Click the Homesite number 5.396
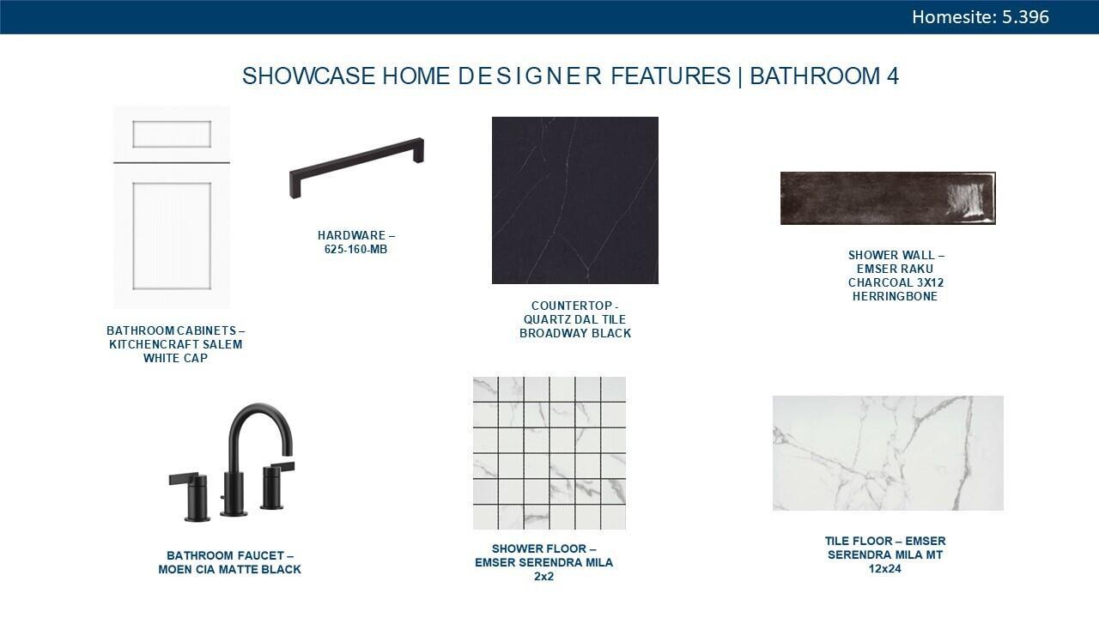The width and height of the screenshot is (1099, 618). click(1025, 17)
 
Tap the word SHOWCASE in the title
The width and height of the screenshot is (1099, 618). click(308, 76)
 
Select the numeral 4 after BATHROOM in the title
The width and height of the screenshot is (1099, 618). click(892, 76)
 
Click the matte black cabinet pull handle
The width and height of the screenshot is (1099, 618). click(356, 167)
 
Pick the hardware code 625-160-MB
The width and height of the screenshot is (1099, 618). click(355, 249)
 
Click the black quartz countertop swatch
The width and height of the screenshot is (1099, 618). click(575, 200)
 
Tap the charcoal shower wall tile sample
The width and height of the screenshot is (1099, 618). click(888, 198)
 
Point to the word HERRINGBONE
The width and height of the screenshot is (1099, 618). click(895, 296)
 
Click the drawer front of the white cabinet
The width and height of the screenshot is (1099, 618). click(172, 134)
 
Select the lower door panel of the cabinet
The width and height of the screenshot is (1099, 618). click(172, 236)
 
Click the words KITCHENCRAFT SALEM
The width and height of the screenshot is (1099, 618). click(176, 344)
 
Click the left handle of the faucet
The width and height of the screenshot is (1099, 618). click(191, 496)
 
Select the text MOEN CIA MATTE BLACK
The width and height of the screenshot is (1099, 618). click(229, 569)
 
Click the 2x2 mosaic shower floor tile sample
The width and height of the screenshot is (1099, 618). click(549, 453)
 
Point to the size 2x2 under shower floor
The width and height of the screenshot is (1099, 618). click(543, 576)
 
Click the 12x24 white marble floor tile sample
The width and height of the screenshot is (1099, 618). click(888, 453)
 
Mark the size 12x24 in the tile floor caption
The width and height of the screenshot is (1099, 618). click(885, 569)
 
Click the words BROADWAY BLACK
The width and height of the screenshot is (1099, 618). click(575, 334)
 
